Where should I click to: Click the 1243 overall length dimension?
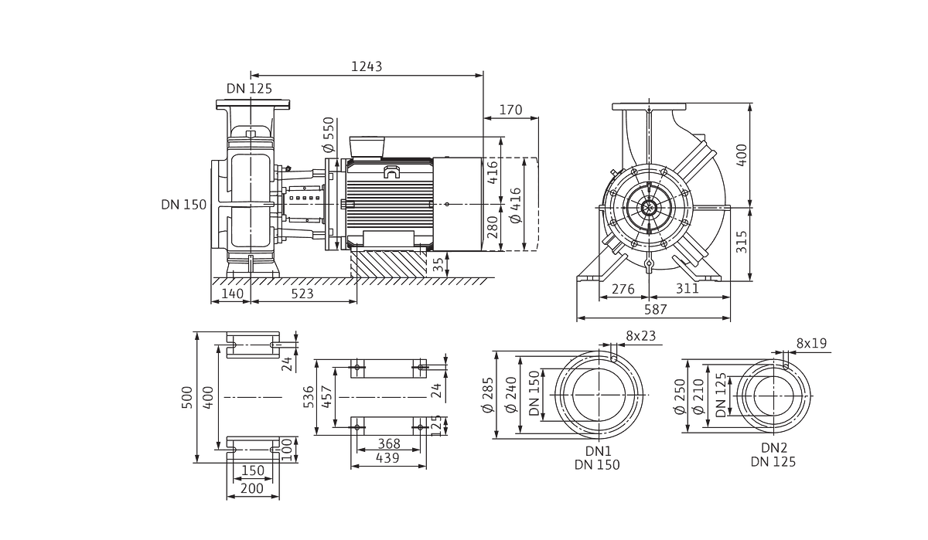click(x=367, y=66)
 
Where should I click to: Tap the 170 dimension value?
click(x=510, y=110)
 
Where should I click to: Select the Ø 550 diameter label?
click(x=328, y=134)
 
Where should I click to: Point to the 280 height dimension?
click(x=492, y=227)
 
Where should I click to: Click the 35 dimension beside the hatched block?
click(x=438, y=264)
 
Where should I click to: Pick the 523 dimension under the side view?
click(x=302, y=294)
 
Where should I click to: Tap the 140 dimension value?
click(x=232, y=294)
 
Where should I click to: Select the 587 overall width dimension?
click(x=656, y=310)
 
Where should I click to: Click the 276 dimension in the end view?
click(x=623, y=289)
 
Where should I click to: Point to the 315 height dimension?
click(x=742, y=242)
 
